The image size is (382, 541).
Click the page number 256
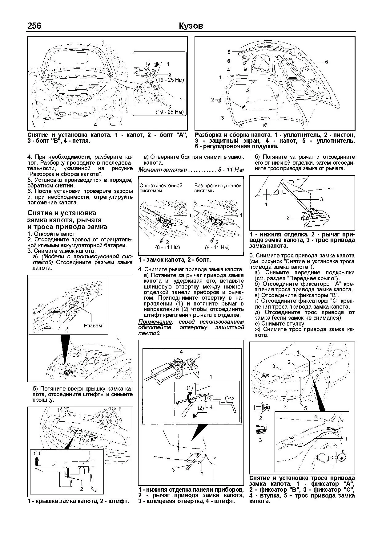coord(34,26)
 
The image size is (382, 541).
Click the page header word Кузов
coord(191,26)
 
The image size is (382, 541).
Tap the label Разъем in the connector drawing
coord(93,326)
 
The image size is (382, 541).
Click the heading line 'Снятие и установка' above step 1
coord(62,213)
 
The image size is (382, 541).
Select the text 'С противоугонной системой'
coord(161,188)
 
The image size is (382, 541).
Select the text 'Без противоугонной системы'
coord(218,188)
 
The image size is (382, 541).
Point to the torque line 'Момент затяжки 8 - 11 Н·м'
coord(191,170)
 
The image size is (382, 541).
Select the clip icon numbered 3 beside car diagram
coord(261,430)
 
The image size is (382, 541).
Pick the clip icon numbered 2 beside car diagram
coord(261,408)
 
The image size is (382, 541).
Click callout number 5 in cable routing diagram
coord(305,408)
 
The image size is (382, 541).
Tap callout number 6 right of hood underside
coord(326,62)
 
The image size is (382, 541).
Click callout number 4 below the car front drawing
coord(95,125)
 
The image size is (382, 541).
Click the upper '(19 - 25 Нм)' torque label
coord(169,80)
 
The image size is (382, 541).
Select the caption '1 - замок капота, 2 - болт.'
coord(175,260)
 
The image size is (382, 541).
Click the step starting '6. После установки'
coord(80,197)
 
